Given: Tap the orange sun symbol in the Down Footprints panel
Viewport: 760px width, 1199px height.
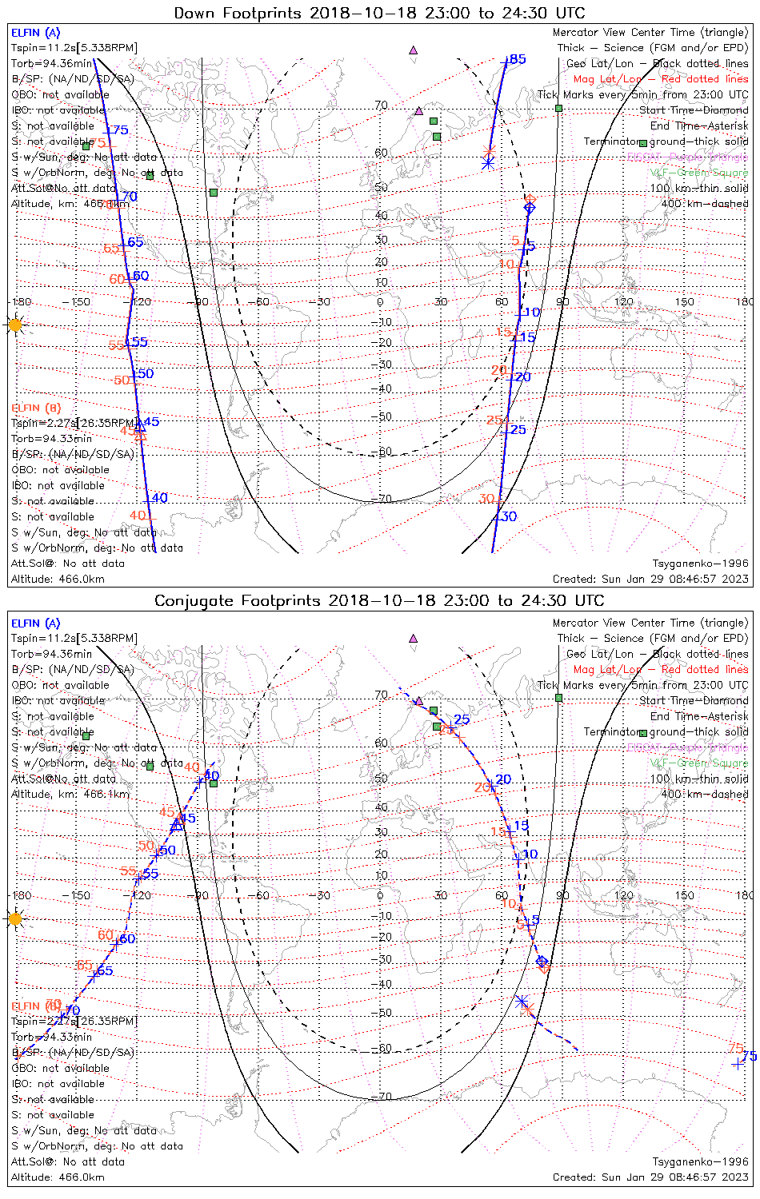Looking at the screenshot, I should coord(15,325).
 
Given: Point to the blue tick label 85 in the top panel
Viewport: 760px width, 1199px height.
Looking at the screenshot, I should coord(518,59).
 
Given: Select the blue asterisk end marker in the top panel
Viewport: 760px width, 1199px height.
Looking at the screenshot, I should coord(488,163).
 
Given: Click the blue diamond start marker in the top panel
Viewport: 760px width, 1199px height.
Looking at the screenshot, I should coord(530,208).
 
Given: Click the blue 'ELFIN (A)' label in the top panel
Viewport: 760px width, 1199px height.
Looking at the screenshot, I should coord(35,33).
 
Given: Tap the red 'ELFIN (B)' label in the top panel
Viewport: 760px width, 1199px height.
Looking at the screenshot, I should coord(35,408).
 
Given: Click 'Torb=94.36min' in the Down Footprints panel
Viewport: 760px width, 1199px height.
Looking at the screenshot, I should coord(51,63).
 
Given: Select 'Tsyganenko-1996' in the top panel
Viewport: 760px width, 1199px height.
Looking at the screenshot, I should coord(700,564).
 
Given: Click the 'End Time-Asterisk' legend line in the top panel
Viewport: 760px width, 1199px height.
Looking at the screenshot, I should coord(699,125).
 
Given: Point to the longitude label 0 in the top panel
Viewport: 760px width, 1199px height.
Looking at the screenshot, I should coord(380,302).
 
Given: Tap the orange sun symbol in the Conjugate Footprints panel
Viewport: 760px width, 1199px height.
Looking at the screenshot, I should coord(15,918).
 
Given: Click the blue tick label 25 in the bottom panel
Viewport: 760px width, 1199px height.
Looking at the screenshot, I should coord(462,719).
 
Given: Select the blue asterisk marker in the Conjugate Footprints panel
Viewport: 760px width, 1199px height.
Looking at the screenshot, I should coord(522,1001).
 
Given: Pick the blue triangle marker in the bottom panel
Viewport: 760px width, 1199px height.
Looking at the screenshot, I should coord(177,824).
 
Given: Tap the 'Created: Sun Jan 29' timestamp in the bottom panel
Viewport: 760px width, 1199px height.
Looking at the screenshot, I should coord(650,1177).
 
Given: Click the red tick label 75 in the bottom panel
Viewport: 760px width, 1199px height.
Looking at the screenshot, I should coord(736,1048).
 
